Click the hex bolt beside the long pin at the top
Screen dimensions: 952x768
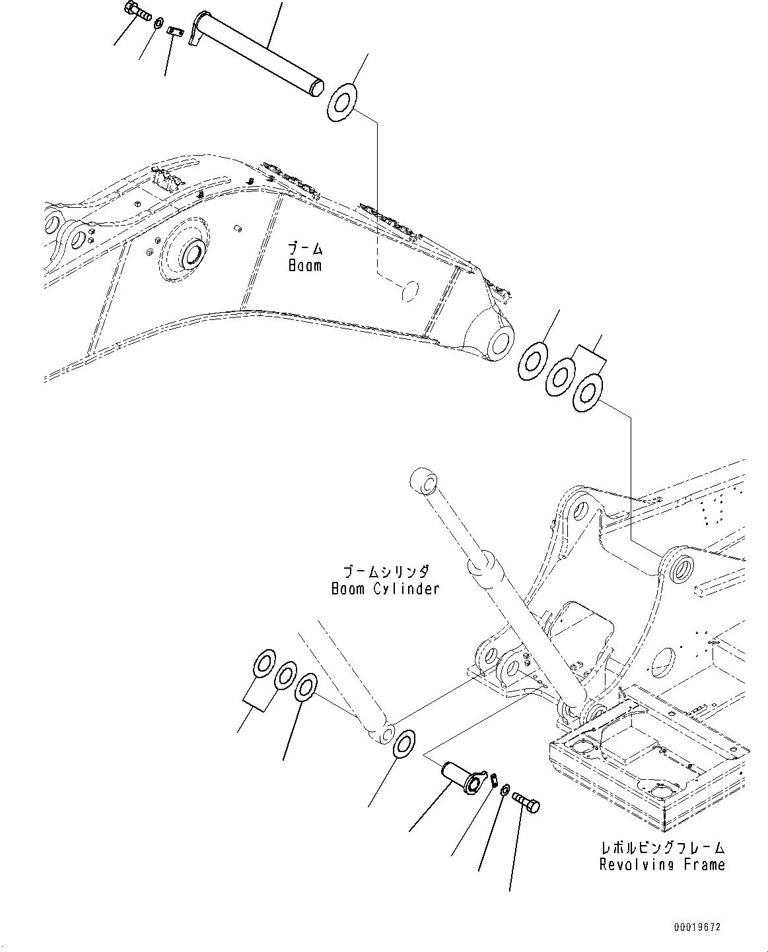click(135, 14)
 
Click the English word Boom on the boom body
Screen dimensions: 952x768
click(305, 266)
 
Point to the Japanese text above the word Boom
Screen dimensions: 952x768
click(305, 249)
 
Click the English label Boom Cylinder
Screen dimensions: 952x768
click(385, 588)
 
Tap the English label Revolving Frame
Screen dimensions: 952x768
click(662, 864)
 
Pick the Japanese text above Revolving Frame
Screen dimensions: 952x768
click(662, 847)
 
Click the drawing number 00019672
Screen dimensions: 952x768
click(697, 927)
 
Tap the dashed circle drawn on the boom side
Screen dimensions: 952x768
click(410, 290)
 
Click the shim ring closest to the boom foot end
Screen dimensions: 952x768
click(531, 360)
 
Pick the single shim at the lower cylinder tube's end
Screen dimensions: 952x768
click(402, 743)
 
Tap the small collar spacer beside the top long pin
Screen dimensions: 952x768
click(176, 32)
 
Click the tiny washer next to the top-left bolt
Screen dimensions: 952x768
click(159, 24)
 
